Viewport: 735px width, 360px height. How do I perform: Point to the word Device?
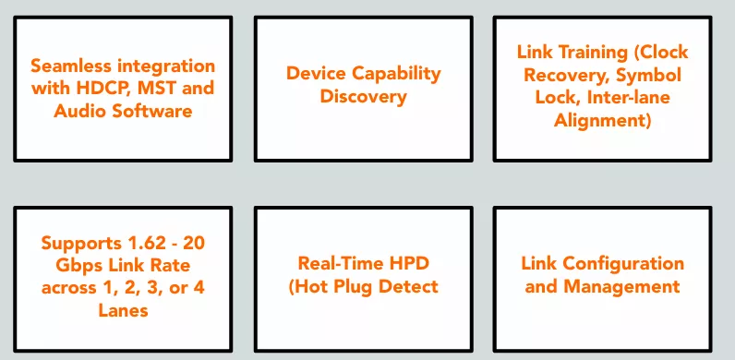pyautogui.click(x=316, y=74)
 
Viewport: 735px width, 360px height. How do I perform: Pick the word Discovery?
pyautogui.click(x=363, y=97)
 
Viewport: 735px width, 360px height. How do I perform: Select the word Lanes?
pyautogui.click(x=124, y=310)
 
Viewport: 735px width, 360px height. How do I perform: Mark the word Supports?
pyautogui.click(x=81, y=244)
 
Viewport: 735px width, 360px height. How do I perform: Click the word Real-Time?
pyautogui.click(x=342, y=263)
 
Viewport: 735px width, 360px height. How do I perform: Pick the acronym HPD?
pyautogui.click(x=410, y=263)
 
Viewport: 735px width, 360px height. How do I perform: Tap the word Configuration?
pyautogui.click(x=623, y=264)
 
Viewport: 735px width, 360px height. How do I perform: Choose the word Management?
pyautogui.click(x=621, y=287)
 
